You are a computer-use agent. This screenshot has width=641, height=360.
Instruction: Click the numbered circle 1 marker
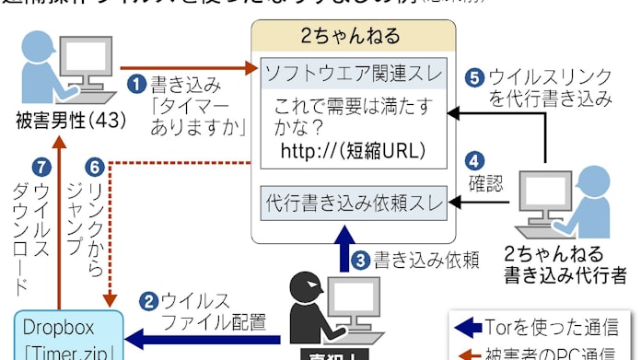point(136,85)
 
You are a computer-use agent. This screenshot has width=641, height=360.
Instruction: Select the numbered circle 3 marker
point(361,261)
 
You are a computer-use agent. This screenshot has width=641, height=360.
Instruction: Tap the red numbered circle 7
point(39,168)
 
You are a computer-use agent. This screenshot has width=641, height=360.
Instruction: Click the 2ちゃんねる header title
point(351,37)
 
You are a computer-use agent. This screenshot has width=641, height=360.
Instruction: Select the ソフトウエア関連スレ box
point(354,71)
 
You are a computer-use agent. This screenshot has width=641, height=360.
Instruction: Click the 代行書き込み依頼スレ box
point(354,200)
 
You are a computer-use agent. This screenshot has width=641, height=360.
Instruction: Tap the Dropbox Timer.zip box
point(63,335)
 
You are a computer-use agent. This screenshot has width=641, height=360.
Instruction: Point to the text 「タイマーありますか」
point(195,116)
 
